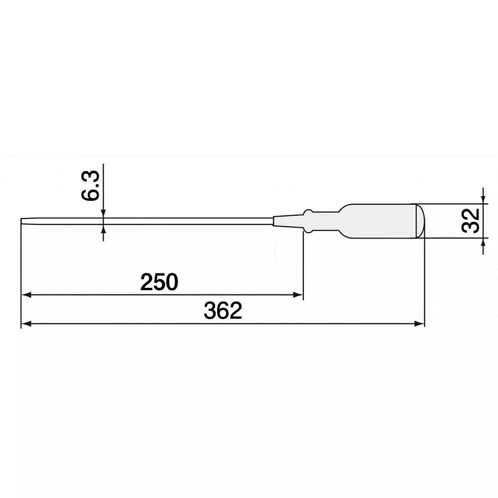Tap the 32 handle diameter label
pos(471,221)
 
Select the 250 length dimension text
pos(159,282)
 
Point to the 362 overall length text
pos(223,311)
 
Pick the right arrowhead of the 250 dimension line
pos(298,295)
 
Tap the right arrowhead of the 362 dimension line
pos(419,324)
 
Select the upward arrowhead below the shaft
pos(103,229)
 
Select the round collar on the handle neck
pos(308,221)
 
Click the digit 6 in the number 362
pos(223,311)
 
